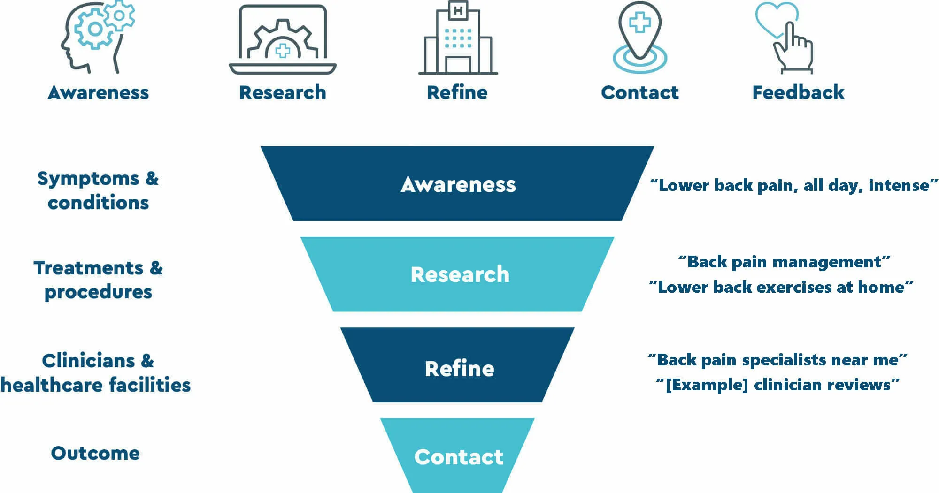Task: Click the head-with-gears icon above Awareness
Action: coord(98,38)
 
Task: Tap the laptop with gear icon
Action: coord(283,40)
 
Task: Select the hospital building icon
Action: coord(458,38)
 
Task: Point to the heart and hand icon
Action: coord(785,38)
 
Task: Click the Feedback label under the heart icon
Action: coord(798,92)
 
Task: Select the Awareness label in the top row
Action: coord(98,92)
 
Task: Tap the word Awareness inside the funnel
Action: coord(458,184)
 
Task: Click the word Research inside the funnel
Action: coord(460,274)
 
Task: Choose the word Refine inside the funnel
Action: coord(459,369)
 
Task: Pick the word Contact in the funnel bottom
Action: coord(458,457)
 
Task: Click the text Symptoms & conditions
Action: coord(98,190)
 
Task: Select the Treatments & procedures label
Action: coord(98,280)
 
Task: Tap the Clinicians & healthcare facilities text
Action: coord(96,373)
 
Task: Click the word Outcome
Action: coord(95,453)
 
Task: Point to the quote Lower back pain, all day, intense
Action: coord(793,185)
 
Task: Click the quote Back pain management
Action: coord(784,262)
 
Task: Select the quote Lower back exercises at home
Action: coord(781,287)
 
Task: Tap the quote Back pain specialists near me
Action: coord(777,360)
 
